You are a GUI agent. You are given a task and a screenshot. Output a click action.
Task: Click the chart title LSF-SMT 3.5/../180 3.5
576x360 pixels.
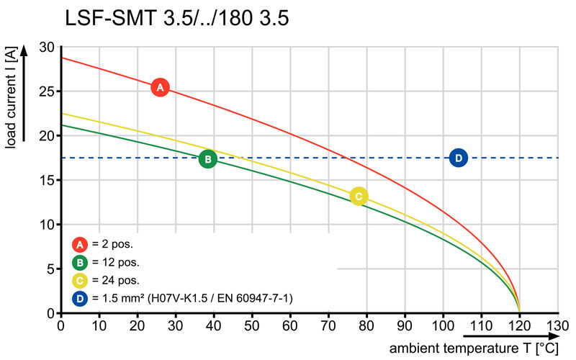coord(177,18)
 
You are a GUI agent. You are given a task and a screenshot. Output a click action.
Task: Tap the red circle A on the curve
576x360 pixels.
coord(160,87)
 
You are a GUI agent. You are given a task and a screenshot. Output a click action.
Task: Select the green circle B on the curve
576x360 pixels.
coord(207,159)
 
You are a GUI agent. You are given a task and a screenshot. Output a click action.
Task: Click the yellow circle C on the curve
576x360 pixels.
coord(359,196)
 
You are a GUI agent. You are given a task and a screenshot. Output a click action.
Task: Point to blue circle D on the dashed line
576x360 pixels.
coord(459,158)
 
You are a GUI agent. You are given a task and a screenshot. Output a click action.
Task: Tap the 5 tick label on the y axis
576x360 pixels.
coord(50,269)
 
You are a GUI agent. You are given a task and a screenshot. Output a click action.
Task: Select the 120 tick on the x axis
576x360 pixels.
coord(519,325)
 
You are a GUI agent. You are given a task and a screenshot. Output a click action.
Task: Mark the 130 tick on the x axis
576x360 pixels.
coord(558,325)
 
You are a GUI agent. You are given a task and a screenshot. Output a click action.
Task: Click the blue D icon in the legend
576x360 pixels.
coord(81,298)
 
